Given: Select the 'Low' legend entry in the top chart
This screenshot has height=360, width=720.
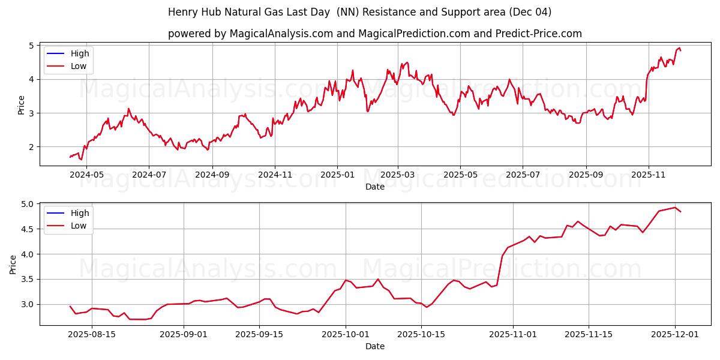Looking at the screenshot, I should click(79, 66).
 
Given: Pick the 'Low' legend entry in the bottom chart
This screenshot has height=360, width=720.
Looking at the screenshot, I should click(79, 226).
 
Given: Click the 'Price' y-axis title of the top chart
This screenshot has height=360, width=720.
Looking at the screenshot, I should click(22, 105).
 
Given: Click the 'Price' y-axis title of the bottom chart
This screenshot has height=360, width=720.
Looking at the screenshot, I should click(13, 264).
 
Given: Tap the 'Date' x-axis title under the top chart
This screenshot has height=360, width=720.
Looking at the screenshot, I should click(374, 187).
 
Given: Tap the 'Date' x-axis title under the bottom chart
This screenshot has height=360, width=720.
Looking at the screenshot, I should click(374, 346).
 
